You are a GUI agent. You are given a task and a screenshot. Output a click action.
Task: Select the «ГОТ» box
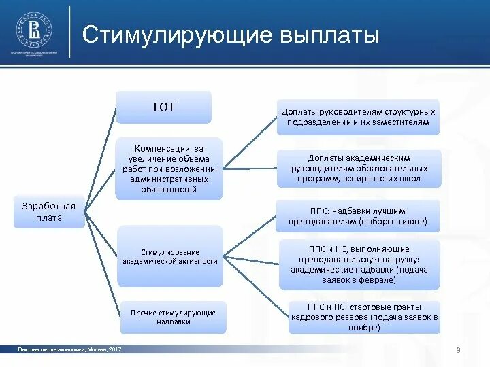[163, 107]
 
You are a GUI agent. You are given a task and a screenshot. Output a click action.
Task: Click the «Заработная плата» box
[49, 211]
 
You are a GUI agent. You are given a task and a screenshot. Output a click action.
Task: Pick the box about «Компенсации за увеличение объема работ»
[169, 169]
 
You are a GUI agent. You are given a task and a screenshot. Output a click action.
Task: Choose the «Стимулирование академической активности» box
[170, 256]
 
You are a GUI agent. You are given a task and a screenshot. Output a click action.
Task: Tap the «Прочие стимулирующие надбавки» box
[173, 317]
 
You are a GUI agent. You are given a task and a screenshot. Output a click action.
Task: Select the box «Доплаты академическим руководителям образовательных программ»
[359, 168]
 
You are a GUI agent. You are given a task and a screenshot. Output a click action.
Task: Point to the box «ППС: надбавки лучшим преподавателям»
[358, 215]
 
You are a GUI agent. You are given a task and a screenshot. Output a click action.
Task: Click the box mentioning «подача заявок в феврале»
[359, 264]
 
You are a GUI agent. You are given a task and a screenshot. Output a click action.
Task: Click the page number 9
[459, 349]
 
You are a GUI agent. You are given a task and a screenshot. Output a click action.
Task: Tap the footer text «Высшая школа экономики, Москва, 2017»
[70, 349]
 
